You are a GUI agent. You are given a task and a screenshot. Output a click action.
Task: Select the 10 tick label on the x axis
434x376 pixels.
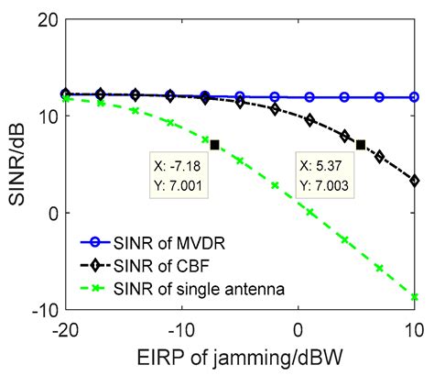pos(413,327)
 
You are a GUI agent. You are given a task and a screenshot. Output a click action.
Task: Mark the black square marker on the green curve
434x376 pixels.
pos(214,145)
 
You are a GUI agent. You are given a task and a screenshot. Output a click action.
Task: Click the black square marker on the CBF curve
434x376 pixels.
pos(361,145)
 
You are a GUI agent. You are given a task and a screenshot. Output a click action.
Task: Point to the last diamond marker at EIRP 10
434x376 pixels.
pos(415,181)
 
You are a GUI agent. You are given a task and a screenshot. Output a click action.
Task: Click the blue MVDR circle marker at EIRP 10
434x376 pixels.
pos(415,96)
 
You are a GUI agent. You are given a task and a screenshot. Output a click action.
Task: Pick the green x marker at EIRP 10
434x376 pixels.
pos(415,297)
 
